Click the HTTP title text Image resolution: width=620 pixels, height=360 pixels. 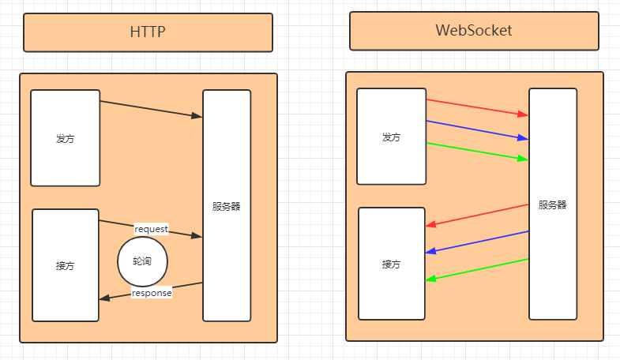148,32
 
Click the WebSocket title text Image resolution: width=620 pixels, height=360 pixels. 474,31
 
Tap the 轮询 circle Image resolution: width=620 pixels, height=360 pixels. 143,261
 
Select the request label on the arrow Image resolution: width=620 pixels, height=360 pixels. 151,228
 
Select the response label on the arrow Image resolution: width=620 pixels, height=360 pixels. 151,293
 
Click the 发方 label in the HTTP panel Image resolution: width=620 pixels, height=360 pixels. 66,138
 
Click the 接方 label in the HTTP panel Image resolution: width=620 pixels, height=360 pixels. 66,265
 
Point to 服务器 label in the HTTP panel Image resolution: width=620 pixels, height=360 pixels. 226,207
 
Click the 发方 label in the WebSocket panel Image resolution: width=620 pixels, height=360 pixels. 391,137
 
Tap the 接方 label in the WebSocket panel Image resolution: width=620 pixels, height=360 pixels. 391,264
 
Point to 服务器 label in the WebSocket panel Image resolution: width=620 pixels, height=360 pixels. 553,204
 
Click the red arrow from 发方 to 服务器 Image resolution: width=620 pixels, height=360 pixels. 477,107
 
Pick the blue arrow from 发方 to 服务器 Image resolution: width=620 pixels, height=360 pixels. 477,129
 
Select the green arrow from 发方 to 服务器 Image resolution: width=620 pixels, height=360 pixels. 477,151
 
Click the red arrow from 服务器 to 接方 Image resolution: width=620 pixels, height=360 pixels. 477,215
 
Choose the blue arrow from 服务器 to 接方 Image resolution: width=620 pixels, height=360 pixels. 477,242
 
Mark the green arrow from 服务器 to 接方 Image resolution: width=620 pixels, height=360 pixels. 477,269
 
